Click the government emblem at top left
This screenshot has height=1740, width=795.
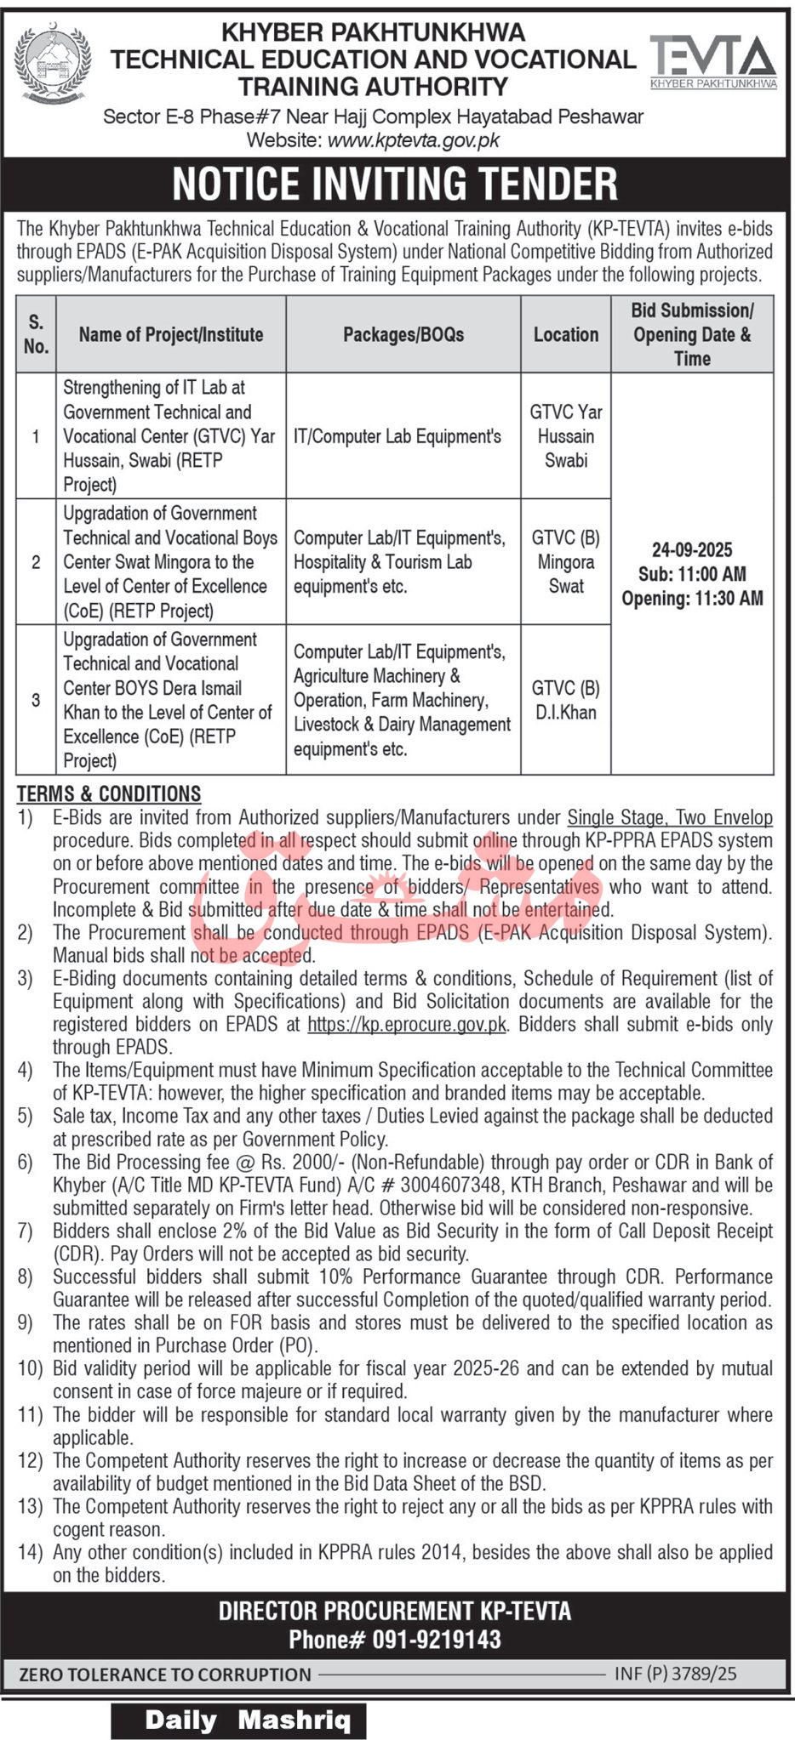[53, 66]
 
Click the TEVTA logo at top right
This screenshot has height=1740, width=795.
[713, 61]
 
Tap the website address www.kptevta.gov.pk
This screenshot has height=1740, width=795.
[413, 140]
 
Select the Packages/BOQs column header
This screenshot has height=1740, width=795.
[403, 334]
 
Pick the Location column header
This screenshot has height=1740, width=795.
[566, 334]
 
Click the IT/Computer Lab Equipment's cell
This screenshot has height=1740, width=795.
[397, 436]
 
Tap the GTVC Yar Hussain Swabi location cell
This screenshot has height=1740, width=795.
[566, 436]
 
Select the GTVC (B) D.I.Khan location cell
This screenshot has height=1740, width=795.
[566, 700]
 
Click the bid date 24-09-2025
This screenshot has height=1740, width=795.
[692, 549]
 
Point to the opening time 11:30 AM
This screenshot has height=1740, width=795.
[728, 598]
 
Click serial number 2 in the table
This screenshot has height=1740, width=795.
[36, 562]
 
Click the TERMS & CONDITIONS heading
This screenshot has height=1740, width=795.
[109, 793]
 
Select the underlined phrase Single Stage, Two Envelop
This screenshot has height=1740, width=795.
[670, 817]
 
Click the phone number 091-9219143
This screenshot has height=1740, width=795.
[437, 1640]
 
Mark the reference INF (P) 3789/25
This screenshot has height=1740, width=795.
[676, 1674]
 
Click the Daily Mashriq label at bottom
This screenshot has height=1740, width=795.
[248, 1720]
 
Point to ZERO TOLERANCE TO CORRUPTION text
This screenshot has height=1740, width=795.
[165, 1675]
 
